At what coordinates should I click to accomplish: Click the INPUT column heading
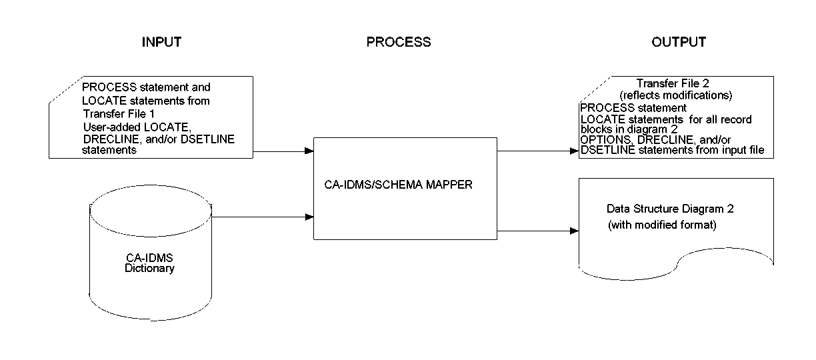coord(161,42)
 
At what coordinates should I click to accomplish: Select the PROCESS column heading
coord(399,42)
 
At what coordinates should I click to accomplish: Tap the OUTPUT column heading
coord(678,42)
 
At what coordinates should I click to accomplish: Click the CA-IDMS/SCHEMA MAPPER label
coord(395,185)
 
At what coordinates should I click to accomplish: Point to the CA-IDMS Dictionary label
coord(150,264)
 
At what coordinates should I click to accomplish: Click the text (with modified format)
coord(662,225)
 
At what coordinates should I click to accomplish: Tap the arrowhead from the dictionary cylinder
coord(309,217)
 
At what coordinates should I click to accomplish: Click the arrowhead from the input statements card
coord(309,151)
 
